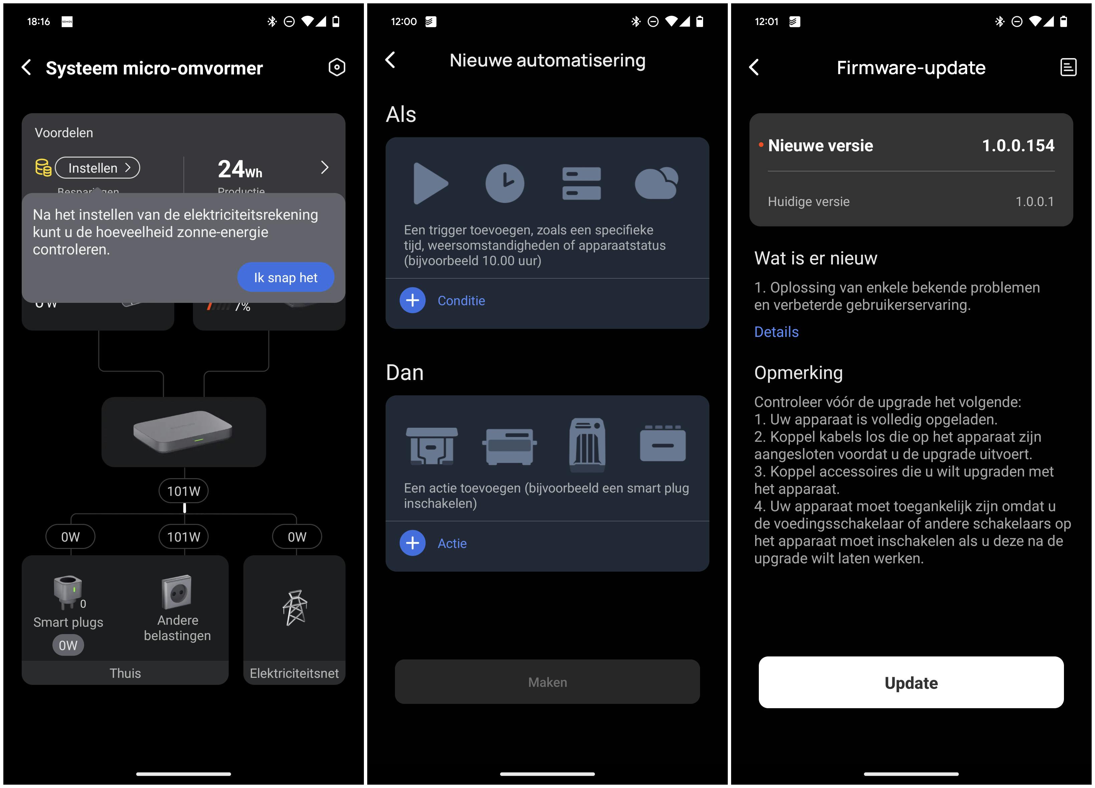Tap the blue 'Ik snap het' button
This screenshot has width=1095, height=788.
coord(285,277)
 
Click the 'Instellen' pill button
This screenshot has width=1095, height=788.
coord(97,168)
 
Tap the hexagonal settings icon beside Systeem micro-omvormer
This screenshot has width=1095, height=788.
coord(337,67)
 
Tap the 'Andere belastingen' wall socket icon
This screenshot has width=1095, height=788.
coord(177,592)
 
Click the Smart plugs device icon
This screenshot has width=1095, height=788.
coord(67,591)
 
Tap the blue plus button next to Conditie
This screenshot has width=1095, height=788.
coord(412,300)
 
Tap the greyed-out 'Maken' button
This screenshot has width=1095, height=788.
coord(547,682)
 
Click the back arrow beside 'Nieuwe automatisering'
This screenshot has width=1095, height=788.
coord(391,60)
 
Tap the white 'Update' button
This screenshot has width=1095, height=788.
coord(911,682)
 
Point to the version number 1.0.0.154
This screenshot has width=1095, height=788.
coord(1018,145)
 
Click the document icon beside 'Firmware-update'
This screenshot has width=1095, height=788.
coord(1068,67)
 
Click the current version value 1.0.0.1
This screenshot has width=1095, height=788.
coord(1034,201)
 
